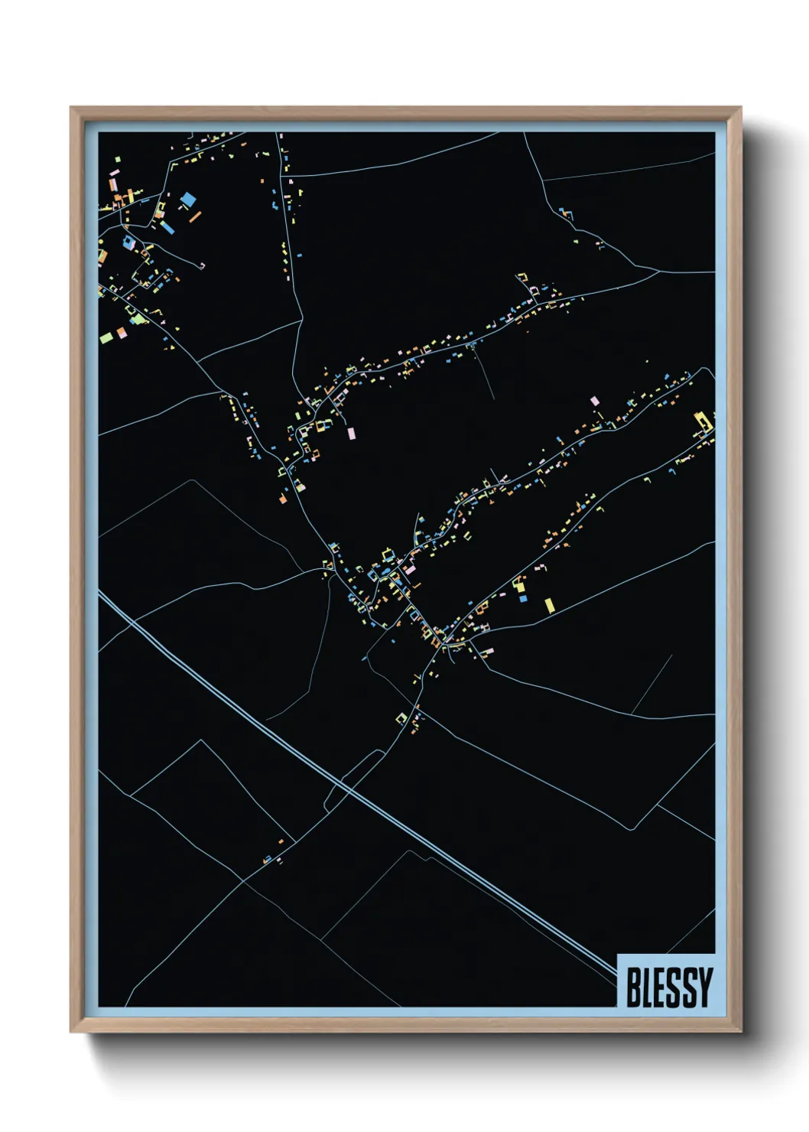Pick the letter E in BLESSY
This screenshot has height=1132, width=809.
[661, 987]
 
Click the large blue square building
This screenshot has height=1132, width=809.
[187, 200]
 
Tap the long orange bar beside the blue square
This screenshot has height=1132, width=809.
[194, 216]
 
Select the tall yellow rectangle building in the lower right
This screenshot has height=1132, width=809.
[549, 605]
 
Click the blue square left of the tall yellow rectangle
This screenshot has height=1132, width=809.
[523, 598]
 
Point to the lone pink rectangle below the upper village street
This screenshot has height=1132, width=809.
[351, 433]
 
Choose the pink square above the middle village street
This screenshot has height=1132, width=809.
[594, 400]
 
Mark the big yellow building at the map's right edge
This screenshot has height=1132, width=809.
[701, 421]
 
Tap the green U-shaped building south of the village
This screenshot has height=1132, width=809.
[401, 717]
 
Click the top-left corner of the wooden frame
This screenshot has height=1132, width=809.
[71, 108]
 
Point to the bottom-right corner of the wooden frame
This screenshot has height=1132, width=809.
[740, 1032]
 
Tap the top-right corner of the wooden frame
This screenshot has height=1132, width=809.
[740, 108]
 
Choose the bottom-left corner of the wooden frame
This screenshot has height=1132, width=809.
[71, 1032]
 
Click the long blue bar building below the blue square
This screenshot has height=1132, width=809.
[167, 227]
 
